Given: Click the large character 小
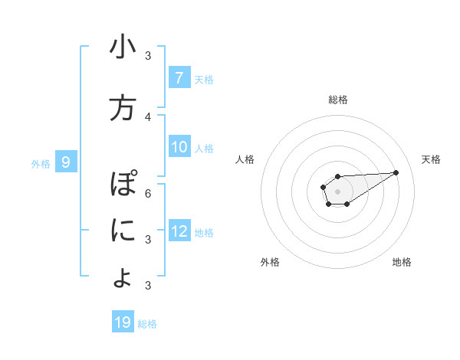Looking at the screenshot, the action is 122,47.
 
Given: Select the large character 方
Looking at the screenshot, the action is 122,108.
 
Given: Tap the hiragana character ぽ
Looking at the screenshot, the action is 122,185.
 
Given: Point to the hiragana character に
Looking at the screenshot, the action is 122,231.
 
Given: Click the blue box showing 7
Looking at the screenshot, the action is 179,78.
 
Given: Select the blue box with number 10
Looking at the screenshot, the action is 179,147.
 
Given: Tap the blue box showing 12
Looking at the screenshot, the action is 179,231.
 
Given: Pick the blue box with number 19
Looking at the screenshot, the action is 123,322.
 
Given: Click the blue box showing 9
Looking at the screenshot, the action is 66,162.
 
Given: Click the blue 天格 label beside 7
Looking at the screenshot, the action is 204,79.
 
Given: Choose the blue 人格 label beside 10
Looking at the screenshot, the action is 204,148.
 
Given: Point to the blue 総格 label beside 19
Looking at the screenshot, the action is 147,324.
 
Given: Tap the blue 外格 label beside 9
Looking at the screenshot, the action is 40,163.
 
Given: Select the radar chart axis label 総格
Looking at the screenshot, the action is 338,100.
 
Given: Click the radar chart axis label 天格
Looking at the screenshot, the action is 432,159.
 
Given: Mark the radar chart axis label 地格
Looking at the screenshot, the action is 402,262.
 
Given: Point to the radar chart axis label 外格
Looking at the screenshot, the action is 270,262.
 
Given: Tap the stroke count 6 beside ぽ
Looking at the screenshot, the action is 148,193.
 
